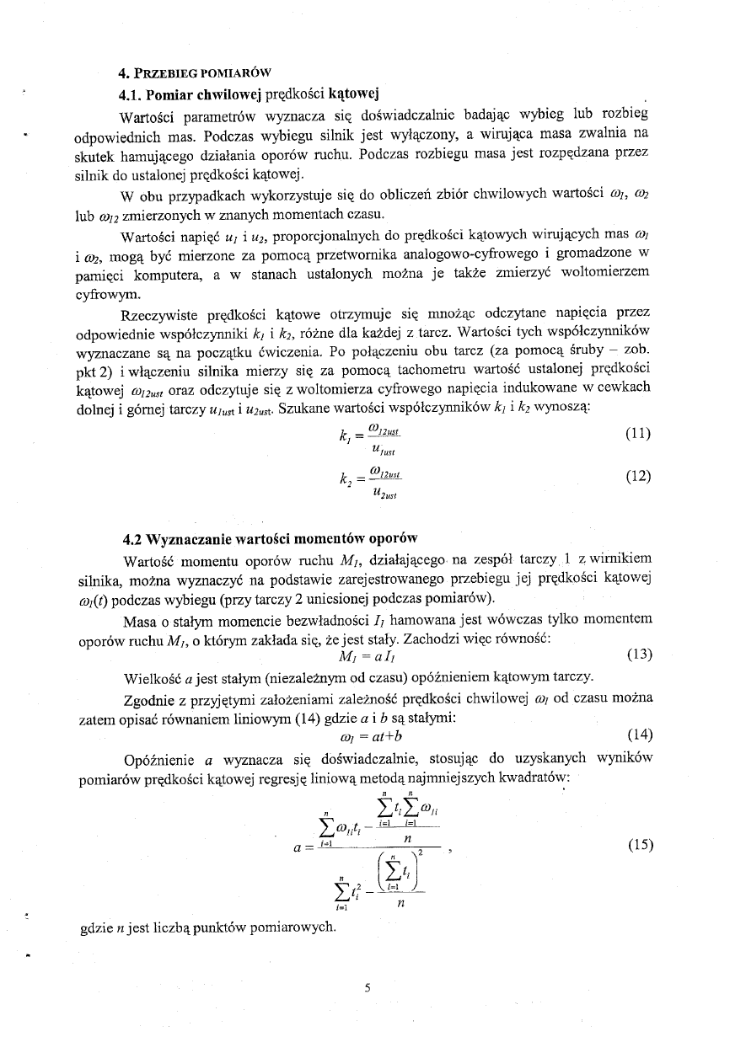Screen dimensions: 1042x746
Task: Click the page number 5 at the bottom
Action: [368, 990]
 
